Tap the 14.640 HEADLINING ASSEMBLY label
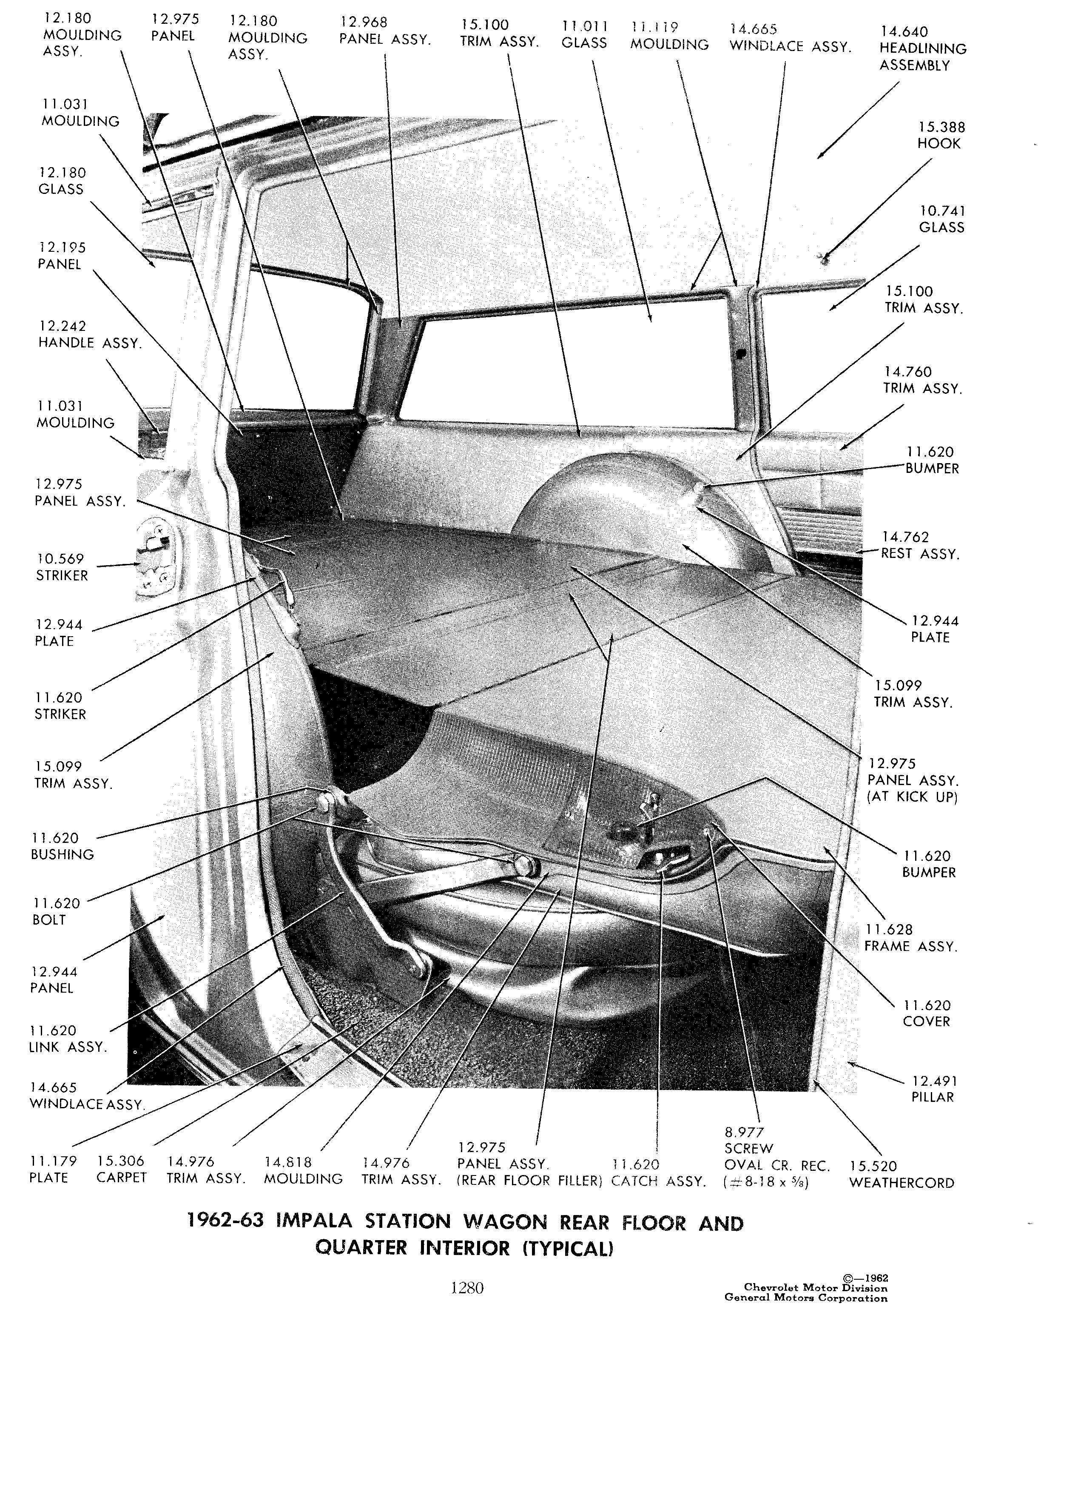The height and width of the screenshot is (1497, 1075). (x=923, y=48)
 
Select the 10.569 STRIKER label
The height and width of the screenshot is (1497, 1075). (x=61, y=567)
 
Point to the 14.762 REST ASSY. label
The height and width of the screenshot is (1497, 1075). (x=920, y=545)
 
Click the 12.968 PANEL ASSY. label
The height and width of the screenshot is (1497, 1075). (x=385, y=31)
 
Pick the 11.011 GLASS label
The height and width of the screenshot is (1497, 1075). (x=584, y=34)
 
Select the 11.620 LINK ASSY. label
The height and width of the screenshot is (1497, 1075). (x=67, y=1038)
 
